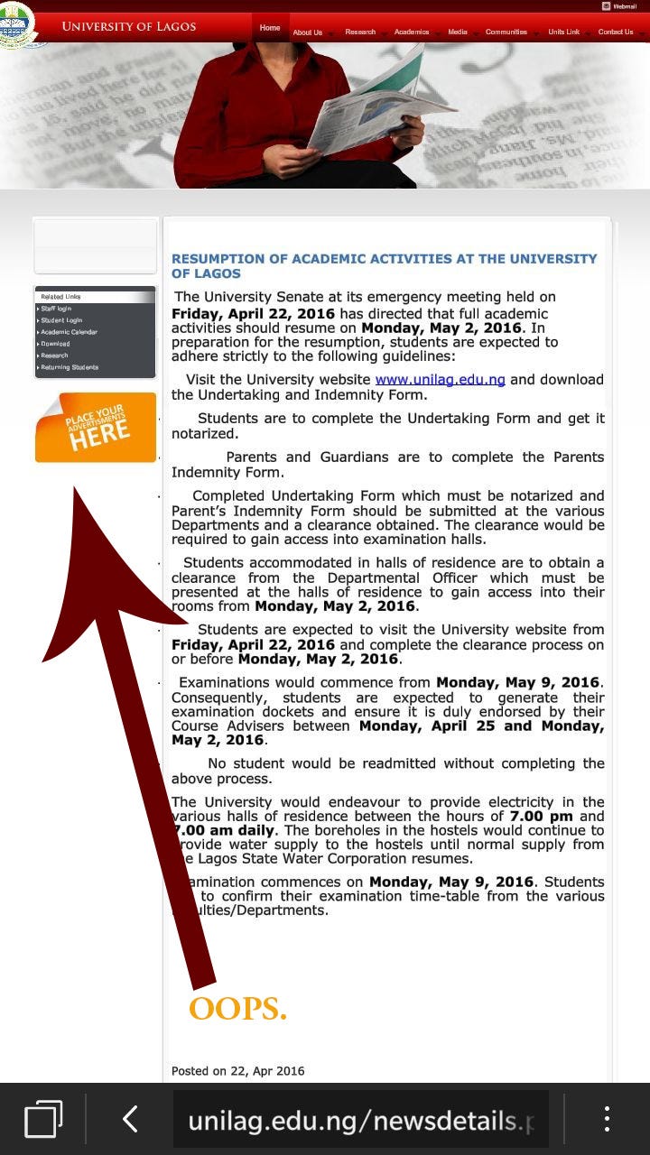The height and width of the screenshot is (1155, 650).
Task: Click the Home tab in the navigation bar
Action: tap(270, 28)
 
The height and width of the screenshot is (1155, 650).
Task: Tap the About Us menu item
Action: tap(307, 32)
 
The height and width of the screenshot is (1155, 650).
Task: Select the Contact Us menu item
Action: tap(615, 32)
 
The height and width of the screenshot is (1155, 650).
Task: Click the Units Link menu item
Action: tap(563, 32)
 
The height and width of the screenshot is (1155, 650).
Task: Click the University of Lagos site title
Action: tap(128, 26)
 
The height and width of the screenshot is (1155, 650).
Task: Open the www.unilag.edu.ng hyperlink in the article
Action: tap(440, 380)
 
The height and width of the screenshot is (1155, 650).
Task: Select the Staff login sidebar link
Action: tap(56, 309)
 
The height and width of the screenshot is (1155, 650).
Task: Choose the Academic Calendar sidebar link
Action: tap(69, 332)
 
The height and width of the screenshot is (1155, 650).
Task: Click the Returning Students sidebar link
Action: tap(70, 367)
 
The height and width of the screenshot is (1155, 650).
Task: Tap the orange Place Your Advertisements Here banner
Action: tap(96, 428)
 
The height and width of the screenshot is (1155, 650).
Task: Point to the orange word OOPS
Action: tap(237, 1009)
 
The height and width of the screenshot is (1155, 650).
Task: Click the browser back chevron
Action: tap(130, 1119)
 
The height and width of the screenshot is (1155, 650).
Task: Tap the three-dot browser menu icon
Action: tap(607, 1119)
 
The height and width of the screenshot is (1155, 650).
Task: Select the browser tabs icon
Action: tap(43, 1119)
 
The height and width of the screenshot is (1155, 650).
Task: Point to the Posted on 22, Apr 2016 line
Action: tap(238, 1071)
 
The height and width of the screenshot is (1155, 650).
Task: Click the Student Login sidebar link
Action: tap(61, 320)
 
